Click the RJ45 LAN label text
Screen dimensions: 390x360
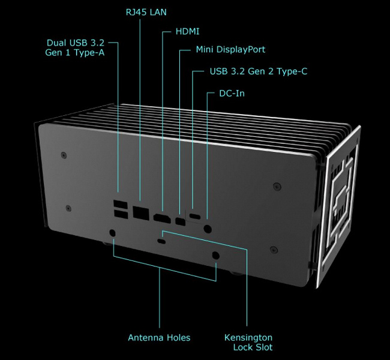[x=146, y=12]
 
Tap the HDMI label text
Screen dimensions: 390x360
[x=187, y=32]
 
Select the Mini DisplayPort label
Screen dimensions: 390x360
[x=230, y=50]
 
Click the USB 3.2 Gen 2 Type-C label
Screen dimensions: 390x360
[x=259, y=71]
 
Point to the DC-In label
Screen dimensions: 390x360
[x=232, y=94]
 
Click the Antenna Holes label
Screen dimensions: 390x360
[x=159, y=338]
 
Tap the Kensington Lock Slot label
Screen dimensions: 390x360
[x=248, y=343]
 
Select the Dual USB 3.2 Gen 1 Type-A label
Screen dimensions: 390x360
[x=75, y=47]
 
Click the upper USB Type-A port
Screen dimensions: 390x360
[x=121, y=204]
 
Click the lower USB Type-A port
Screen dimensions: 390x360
[x=121, y=214]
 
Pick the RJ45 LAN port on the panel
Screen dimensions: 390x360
[x=141, y=213]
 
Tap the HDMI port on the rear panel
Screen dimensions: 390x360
[x=162, y=218]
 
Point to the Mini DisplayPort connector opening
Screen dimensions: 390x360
[x=181, y=221]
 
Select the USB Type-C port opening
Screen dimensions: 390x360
[x=195, y=216]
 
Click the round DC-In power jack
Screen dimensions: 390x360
[x=208, y=229]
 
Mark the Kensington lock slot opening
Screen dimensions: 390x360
[x=162, y=241]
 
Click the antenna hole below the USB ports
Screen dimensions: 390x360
[x=112, y=233]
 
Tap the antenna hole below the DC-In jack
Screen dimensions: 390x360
[x=215, y=256]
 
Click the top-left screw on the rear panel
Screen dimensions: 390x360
[x=64, y=155]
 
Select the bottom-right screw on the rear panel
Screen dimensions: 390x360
[x=274, y=250]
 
